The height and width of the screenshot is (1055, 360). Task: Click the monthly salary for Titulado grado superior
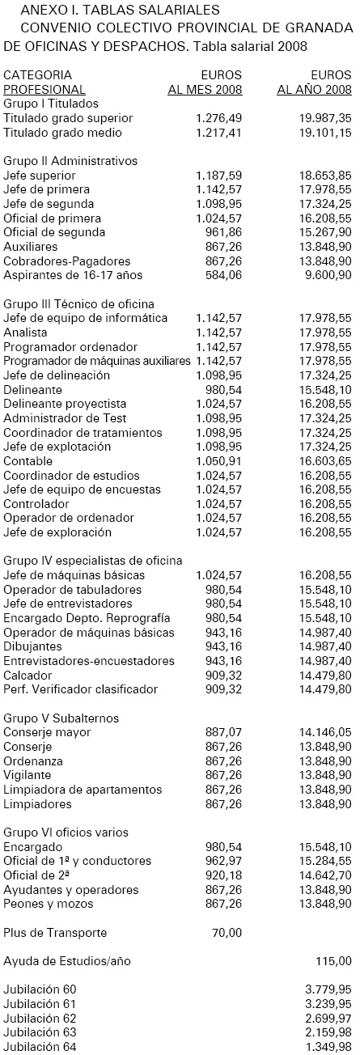tap(218, 118)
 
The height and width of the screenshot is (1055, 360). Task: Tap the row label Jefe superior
tap(40, 176)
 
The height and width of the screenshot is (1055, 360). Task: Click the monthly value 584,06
tap(224, 275)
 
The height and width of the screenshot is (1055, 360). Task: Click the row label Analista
tap(25, 333)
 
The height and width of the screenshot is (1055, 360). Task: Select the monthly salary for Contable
tap(218, 461)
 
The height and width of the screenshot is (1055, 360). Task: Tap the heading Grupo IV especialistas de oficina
tap(92, 561)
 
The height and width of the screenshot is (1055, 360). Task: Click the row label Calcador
tap(28, 675)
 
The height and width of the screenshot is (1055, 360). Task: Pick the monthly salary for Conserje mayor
tap(224, 732)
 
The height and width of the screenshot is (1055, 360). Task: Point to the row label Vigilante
tap(28, 775)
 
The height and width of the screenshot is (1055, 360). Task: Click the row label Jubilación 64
tap(40, 1046)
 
